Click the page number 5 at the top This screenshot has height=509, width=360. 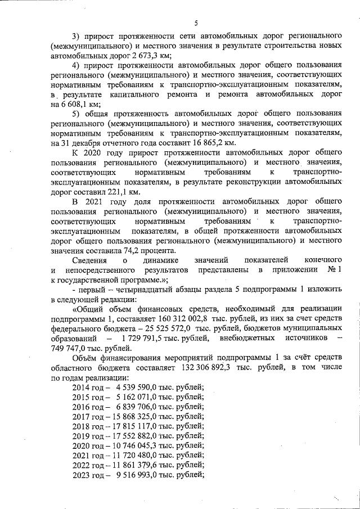click(195, 23)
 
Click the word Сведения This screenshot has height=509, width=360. click(92, 260)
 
